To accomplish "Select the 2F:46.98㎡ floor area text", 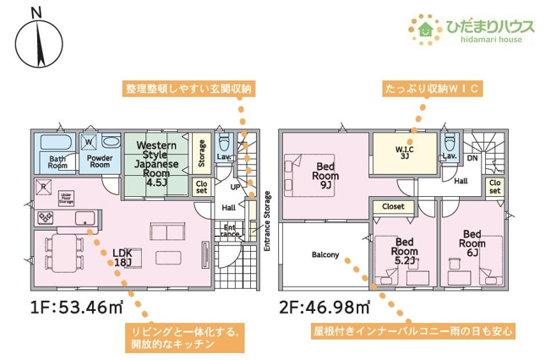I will [322, 307].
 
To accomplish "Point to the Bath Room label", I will [57, 162].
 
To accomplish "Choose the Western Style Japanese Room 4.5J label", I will [156, 162].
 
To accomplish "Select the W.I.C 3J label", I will [403, 153].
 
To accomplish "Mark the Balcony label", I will [325, 254].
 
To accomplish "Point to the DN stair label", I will [473, 157].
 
